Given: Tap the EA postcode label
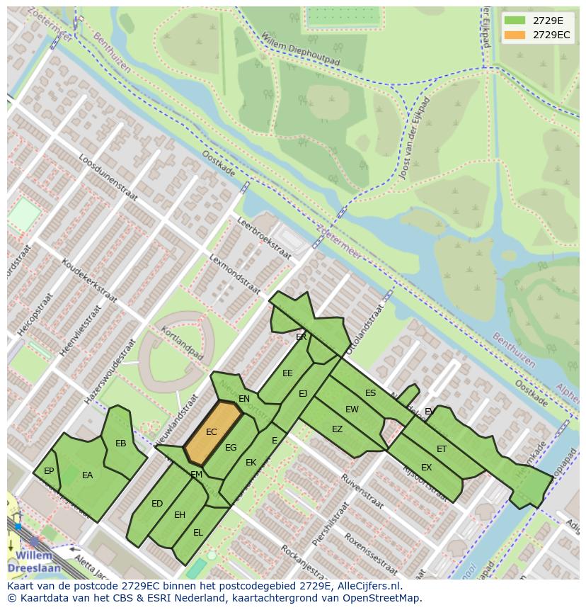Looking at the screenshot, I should (x=88, y=475).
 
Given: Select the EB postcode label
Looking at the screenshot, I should (x=121, y=444).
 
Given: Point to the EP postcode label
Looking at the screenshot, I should (x=49, y=471).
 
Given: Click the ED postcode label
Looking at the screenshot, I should (x=157, y=504).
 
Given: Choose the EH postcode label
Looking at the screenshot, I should (x=180, y=515).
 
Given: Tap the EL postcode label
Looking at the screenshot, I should (x=198, y=532).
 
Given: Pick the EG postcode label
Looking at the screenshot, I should (x=231, y=448).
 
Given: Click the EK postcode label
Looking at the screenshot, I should (x=251, y=463).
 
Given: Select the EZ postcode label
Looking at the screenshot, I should (x=337, y=429).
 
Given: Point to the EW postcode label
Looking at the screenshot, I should (x=352, y=410).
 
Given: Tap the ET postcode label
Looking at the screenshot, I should (x=442, y=449).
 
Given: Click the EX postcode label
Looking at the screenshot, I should (x=426, y=468).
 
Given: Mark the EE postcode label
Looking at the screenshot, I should (x=287, y=373).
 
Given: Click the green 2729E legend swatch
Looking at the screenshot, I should (x=515, y=20).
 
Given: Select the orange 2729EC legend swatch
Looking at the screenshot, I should (x=515, y=35).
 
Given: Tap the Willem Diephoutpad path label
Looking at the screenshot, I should (x=300, y=50).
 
